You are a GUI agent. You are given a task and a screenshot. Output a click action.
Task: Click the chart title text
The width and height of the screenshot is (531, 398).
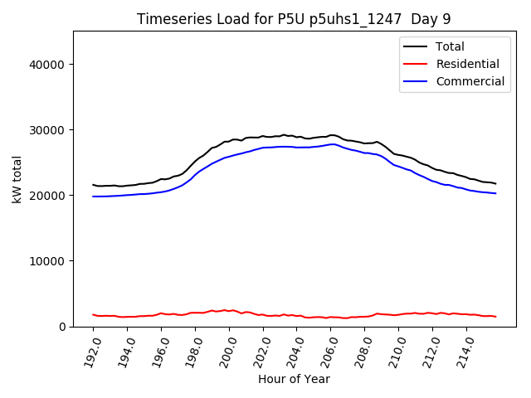(x=294, y=19)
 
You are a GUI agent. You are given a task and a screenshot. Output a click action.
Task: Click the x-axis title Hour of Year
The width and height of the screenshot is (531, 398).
(x=294, y=379)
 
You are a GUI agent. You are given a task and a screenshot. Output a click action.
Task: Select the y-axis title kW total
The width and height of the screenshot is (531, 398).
(x=17, y=179)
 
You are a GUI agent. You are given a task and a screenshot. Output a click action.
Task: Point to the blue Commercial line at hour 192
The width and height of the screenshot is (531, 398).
(x=93, y=197)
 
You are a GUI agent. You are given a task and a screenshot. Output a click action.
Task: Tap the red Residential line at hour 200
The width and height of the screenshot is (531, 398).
(x=229, y=311)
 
